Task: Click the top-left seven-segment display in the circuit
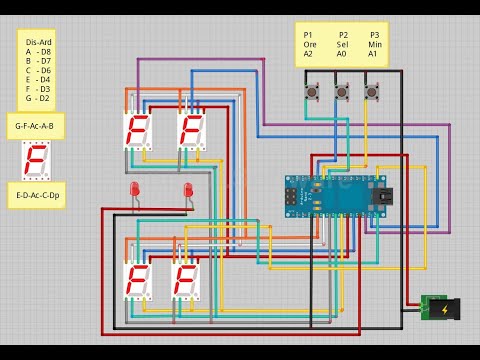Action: [x=136, y=130]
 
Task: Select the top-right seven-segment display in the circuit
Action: [x=191, y=130]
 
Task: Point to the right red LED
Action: [x=187, y=191]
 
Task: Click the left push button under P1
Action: [x=310, y=94]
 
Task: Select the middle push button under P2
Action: [x=342, y=94]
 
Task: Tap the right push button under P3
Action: [x=373, y=94]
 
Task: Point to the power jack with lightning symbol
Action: [x=440, y=308]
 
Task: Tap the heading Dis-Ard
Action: [x=38, y=42]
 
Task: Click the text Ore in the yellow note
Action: [x=309, y=45]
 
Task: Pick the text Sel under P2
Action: [x=343, y=45]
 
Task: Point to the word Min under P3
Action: [x=374, y=45]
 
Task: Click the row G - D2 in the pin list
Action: [x=38, y=98]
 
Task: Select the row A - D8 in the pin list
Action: [x=38, y=52]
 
